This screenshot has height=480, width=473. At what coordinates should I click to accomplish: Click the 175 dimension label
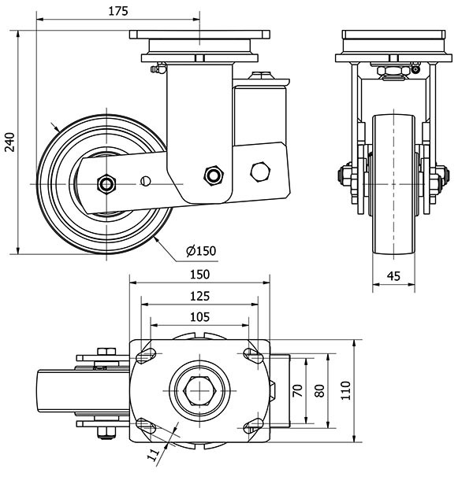coord(119,12)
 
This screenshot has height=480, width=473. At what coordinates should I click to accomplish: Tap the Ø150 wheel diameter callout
coord(200,251)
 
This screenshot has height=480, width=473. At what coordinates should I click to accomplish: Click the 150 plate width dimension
coord(199,275)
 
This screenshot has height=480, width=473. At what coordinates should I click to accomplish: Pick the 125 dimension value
coord(199,296)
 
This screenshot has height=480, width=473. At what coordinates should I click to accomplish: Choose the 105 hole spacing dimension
coord(199,316)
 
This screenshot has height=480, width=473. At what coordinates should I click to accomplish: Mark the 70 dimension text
coord(298,392)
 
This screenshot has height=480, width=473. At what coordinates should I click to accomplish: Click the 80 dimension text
coord(319,392)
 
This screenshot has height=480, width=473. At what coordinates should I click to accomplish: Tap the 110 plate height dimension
coord(345,392)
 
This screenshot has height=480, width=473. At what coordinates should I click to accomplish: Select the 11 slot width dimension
coord(155,452)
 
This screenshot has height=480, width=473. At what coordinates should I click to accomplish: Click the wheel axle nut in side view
coord(106,183)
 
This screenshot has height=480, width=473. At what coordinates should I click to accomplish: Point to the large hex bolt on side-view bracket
coord(260,172)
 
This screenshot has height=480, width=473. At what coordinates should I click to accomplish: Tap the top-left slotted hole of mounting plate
coord(146,356)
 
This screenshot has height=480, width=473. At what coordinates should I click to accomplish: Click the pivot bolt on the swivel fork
coord(211,175)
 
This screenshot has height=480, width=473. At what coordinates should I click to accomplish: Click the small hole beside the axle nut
coord(144,182)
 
